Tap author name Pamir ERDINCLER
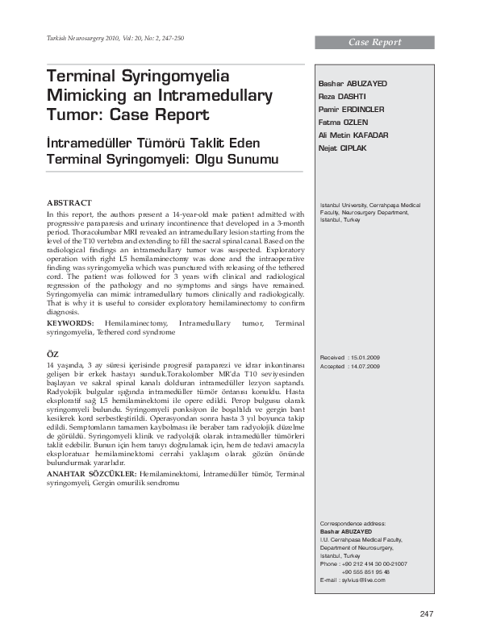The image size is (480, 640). tap(352, 109)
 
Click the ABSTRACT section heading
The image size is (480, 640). tap(69, 202)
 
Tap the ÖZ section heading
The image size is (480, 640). tap(53, 354)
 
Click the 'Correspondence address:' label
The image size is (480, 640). tap(353, 524)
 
